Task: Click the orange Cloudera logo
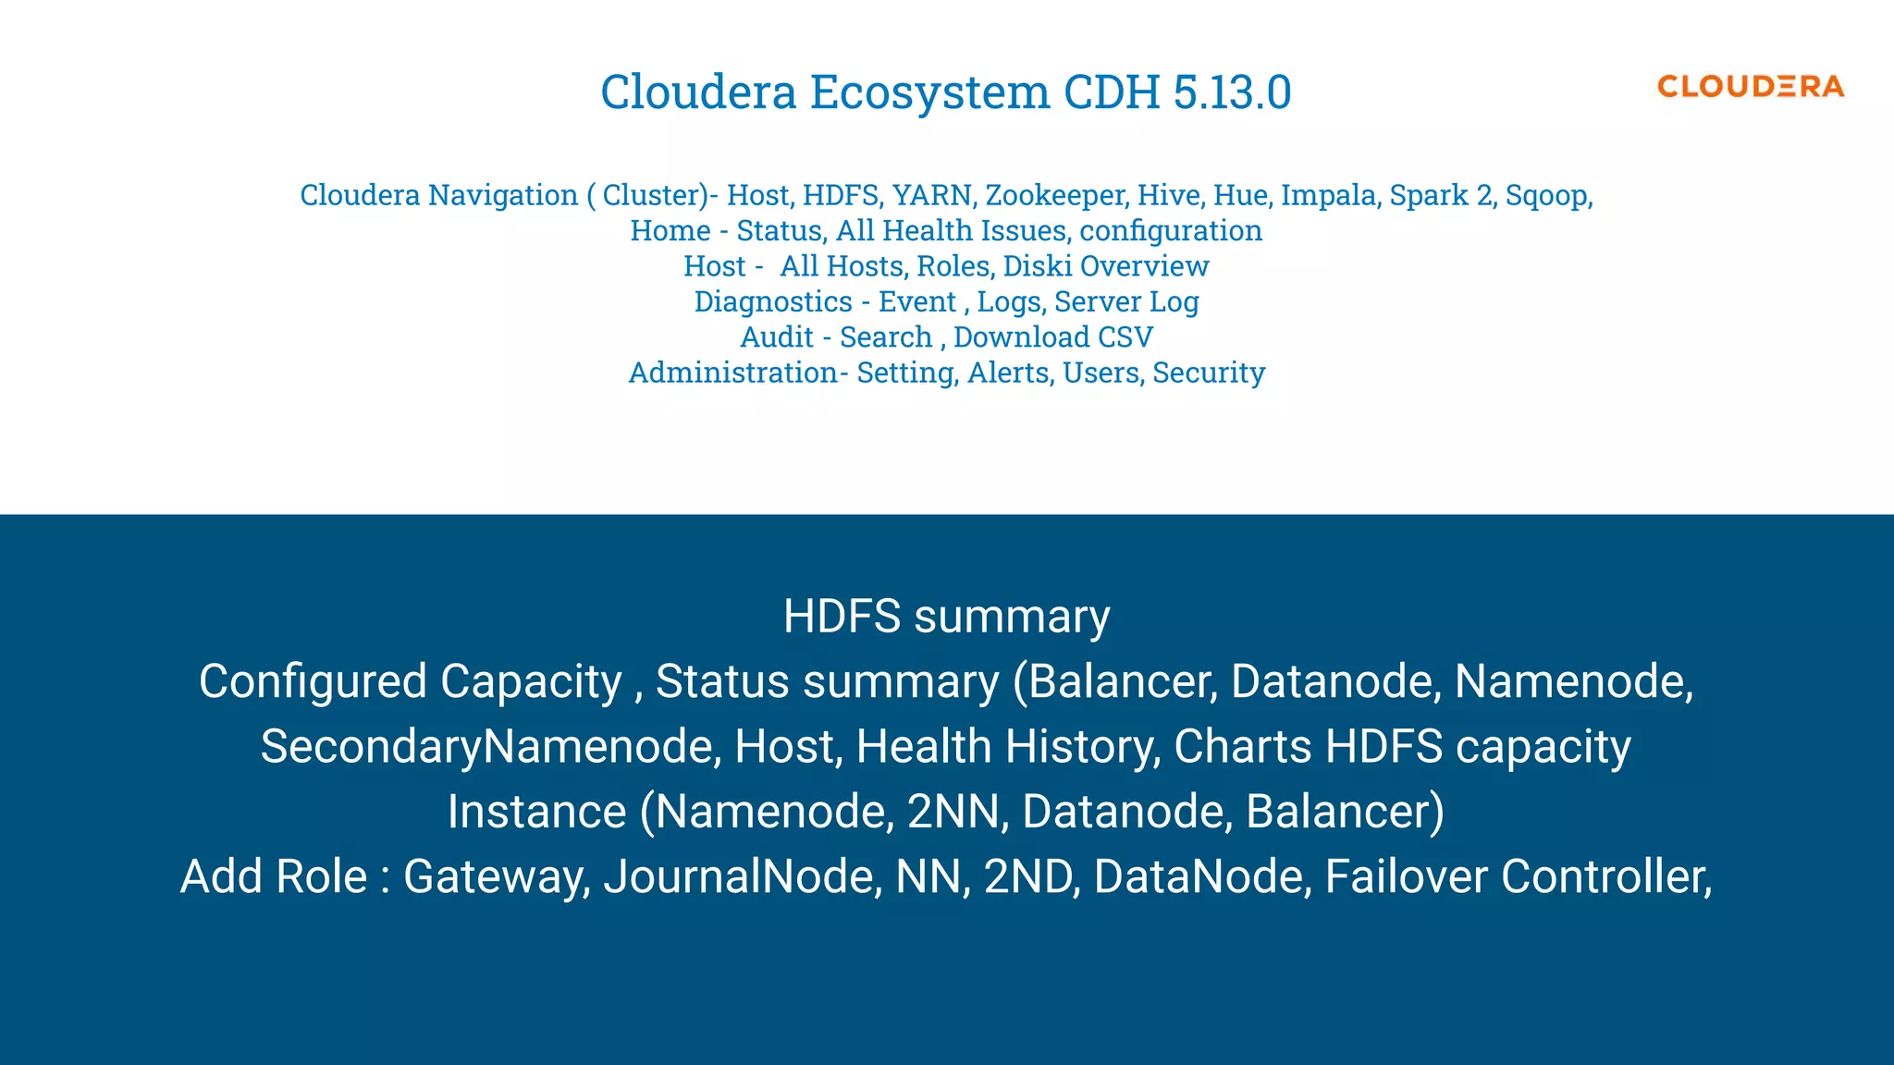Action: pos(1750,87)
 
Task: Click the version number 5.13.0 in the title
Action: pos(1232,92)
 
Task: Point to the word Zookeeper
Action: pos(1055,196)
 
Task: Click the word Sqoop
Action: pos(1547,196)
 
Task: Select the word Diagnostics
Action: pos(773,302)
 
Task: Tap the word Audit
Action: pos(777,337)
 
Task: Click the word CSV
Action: pos(1125,337)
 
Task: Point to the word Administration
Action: pos(733,373)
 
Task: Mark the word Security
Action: pos(1209,373)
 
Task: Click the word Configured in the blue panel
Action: pos(312,682)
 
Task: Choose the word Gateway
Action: pos(497,877)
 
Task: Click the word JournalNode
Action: pos(742,876)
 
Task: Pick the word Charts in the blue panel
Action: pos(1242,747)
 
